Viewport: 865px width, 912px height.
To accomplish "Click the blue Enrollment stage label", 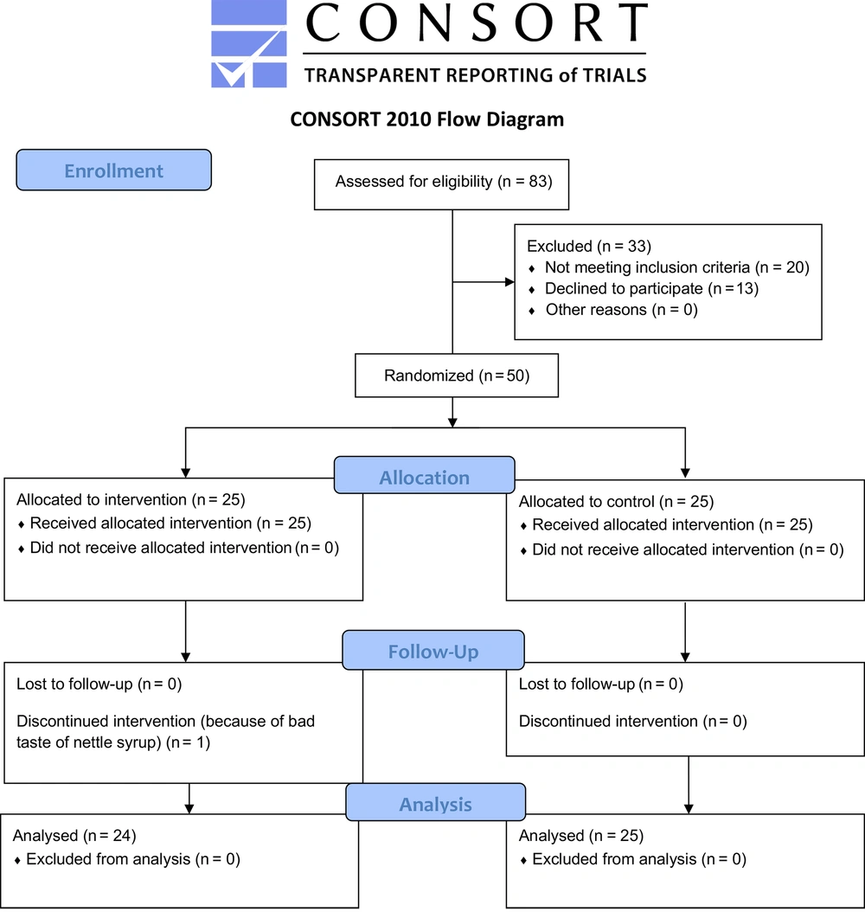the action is click(114, 170).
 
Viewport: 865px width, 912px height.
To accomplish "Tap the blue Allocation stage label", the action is click(425, 475).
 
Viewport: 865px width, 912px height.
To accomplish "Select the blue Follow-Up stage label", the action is click(433, 650).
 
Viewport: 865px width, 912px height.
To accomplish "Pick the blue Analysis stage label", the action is click(435, 802).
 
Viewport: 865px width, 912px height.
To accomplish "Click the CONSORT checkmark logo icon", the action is click(249, 44).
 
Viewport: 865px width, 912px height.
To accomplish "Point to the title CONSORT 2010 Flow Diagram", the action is click(427, 119).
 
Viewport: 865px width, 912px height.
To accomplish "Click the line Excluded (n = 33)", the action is click(589, 246).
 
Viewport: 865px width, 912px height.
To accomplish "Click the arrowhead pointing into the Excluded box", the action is click(509, 282).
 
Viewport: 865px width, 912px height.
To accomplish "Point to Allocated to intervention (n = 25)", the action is click(131, 499).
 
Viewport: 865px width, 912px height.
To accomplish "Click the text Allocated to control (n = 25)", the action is click(616, 501).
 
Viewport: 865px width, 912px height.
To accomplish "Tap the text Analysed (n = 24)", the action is click(74, 836).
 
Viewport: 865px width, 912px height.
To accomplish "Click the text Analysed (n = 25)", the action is click(581, 836).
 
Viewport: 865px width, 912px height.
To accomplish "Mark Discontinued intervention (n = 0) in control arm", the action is click(633, 722).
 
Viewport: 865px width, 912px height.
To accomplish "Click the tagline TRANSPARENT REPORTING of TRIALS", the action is click(476, 75).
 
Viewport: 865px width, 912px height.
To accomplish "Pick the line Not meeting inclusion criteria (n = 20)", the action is click(677, 267).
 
